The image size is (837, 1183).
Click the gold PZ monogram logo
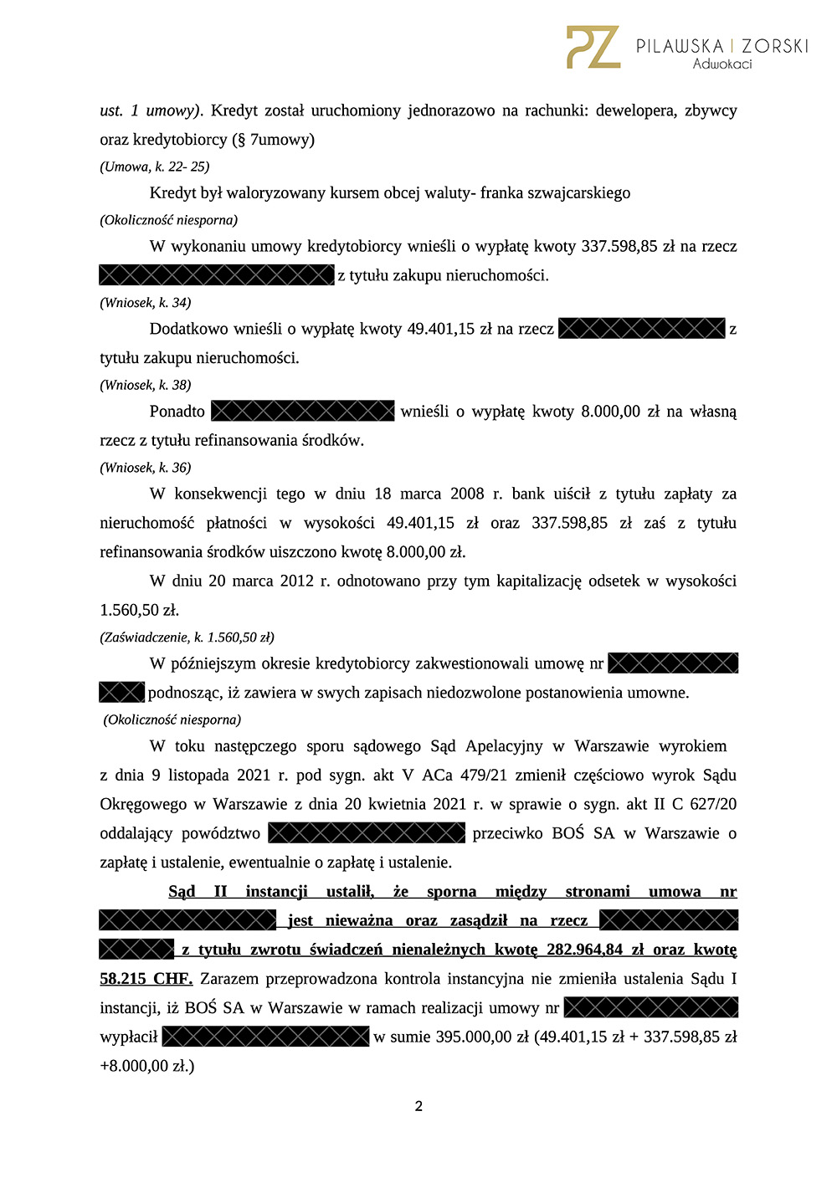(x=593, y=47)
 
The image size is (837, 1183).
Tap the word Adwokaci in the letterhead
(x=722, y=64)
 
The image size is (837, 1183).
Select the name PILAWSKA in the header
(x=680, y=45)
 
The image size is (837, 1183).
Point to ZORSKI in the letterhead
(x=775, y=45)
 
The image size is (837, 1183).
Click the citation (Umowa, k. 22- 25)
(x=155, y=166)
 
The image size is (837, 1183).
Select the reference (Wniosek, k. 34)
(x=146, y=302)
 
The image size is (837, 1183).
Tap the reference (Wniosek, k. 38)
(x=146, y=385)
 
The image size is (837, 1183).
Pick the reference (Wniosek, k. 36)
(x=146, y=468)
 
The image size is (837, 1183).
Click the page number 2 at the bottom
(x=418, y=1106)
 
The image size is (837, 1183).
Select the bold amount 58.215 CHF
(x=146, y=979)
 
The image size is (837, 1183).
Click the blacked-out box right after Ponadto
(x=302, y=411)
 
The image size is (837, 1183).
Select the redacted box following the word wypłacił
(x=265, y=1037)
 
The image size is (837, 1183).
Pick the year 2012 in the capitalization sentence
(x=297, y=581)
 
